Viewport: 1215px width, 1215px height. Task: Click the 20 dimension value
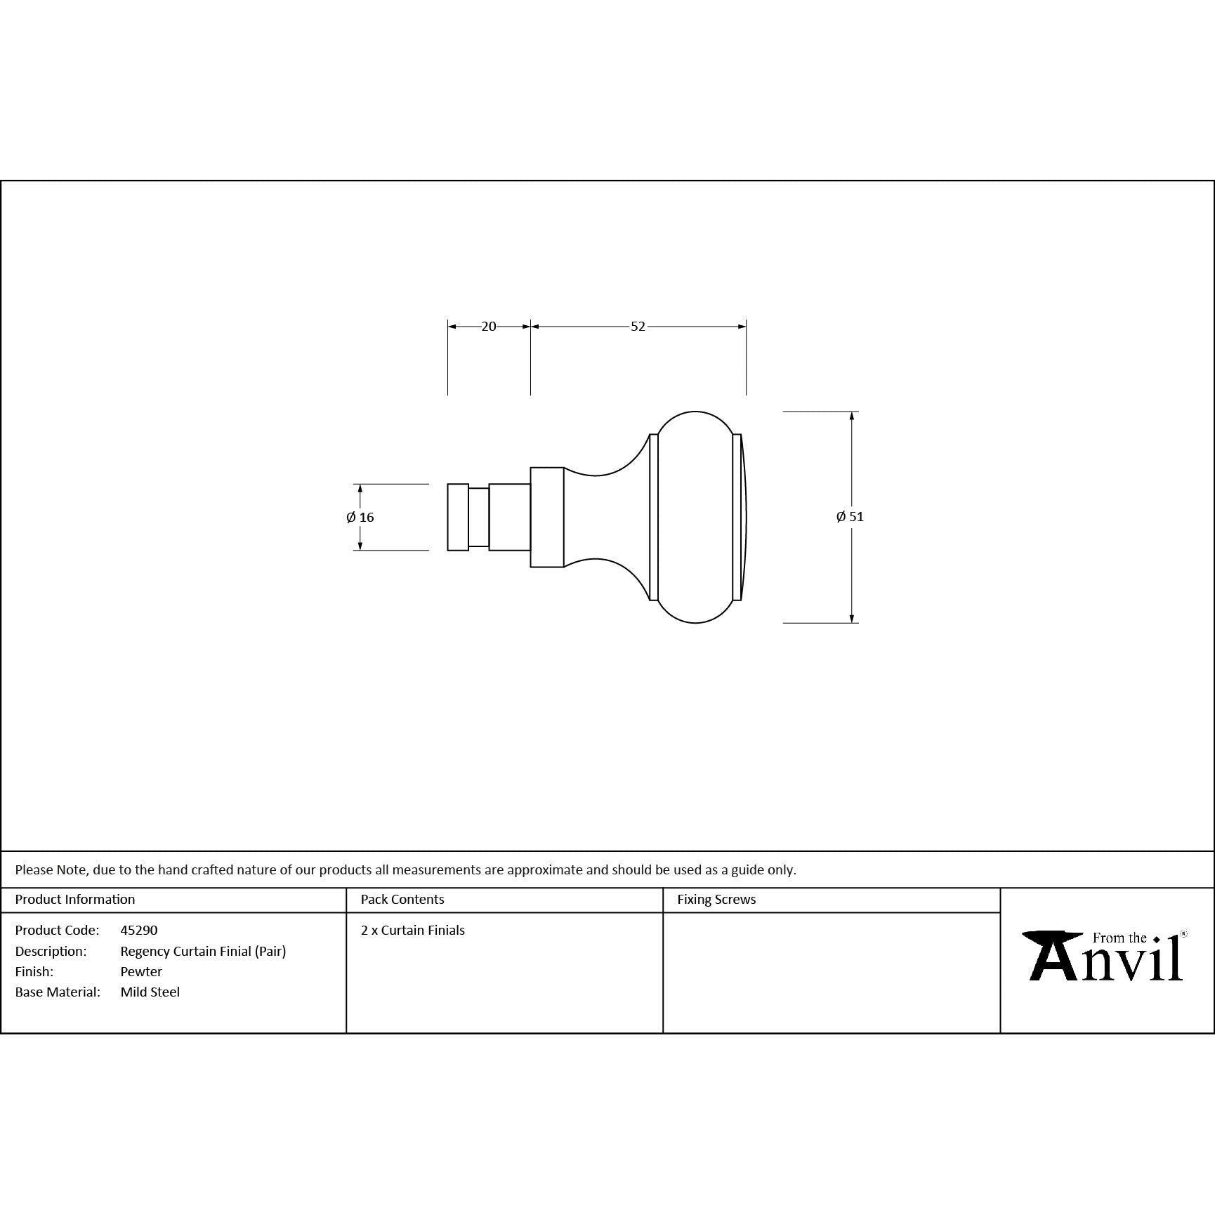(489, 327)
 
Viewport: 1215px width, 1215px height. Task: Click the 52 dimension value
(638, 327)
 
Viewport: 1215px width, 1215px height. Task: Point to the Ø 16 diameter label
(360, 518)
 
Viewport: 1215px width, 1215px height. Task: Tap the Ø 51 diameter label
(850, 517)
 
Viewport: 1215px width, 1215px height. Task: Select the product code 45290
(139, 930)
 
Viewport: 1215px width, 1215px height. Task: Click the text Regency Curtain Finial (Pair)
(203, 952)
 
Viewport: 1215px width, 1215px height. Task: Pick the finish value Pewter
(141, 972)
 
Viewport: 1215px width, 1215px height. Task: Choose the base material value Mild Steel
(150, 992)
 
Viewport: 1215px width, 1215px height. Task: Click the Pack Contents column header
(402, 900)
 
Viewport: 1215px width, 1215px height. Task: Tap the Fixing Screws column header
(716, 900)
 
